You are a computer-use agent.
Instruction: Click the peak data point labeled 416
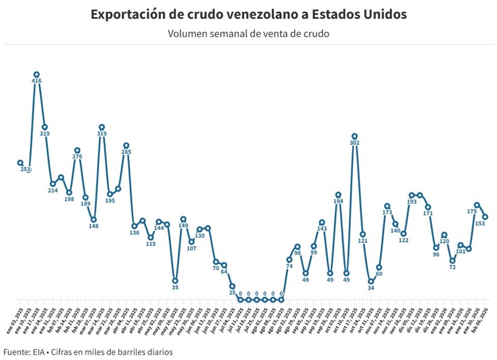(36, 75)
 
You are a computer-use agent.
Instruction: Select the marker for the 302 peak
(354, 136)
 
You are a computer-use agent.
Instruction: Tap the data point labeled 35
(175, 281)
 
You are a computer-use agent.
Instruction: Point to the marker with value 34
(371, 282)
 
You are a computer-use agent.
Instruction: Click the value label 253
(26, 169)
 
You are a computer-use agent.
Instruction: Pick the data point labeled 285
(126, 146)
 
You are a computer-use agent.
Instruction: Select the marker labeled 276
(77, 150)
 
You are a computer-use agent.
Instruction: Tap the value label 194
(338, 201)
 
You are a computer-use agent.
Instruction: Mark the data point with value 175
(477, 205)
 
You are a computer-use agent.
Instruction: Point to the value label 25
(232, 292)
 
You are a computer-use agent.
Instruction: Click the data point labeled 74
(289, 259)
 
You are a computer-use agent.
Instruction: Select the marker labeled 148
(94, 220)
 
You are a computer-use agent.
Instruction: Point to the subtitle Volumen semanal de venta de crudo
(248, 33)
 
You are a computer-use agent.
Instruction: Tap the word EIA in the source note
(43, 351)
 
